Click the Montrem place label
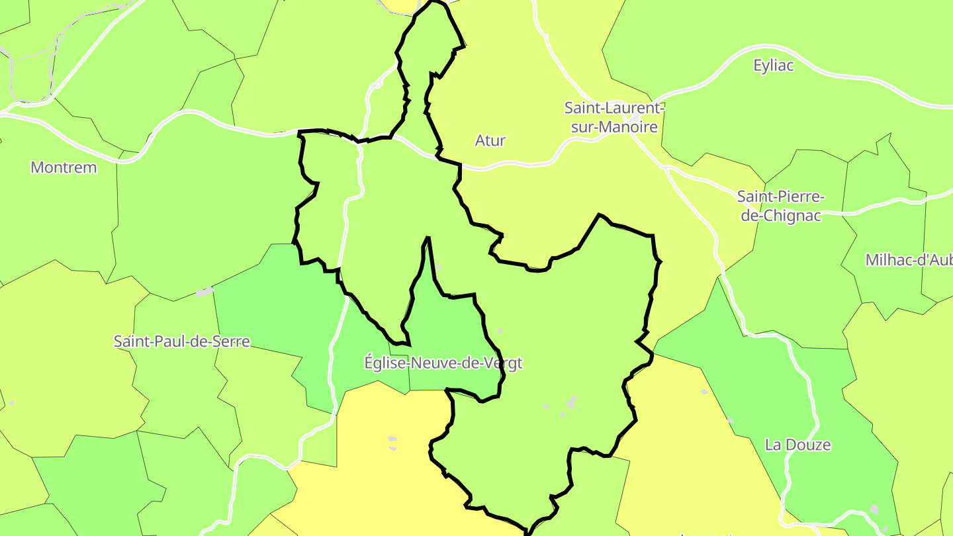64,167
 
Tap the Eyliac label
773,66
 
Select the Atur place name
490,140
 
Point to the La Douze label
797,445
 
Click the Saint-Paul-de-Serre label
182,341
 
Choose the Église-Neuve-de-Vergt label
443,363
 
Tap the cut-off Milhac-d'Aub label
908,260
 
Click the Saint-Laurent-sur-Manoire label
614,117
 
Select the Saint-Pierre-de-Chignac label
781,206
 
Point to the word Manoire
632,127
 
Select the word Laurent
634,108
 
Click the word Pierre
801,197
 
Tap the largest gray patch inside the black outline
571,402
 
